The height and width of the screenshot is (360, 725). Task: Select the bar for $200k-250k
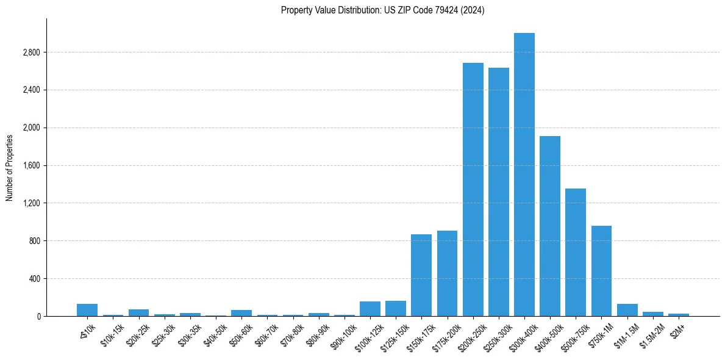click(473, 189)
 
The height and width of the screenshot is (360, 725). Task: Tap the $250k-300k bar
click(498, 192)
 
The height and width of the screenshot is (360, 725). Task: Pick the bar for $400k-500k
click(549, 226)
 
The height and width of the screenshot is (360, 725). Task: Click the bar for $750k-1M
click(601, 271)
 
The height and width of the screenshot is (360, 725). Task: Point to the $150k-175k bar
click(421, 275)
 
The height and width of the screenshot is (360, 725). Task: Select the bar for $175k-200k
click(447, 273)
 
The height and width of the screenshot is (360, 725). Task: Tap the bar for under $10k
click(87, 310)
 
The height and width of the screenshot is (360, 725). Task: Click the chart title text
click(382, 10)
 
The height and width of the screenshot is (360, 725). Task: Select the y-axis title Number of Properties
click(10, 167)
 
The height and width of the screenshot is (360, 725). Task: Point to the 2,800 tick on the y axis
click(30, 52)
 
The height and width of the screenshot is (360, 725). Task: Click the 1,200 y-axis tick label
click(30, 203)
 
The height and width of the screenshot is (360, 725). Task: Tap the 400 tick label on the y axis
click(33, 279)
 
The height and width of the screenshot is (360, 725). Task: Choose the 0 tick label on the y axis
click(38, 317)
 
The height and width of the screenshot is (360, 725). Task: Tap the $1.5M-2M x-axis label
click(651, 333)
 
